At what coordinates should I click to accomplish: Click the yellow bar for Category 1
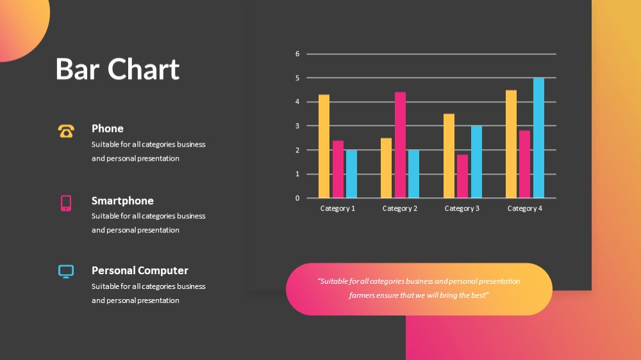click(324, 146)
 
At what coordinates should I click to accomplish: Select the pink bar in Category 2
click(400, 145)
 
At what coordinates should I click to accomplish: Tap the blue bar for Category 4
click(538, 138)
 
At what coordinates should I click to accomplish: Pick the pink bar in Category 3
click(462, 177)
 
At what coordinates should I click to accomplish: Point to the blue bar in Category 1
click(351, 174)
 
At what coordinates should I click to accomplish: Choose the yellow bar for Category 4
click(511, 144)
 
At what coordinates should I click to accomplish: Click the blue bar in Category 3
click(476, 162)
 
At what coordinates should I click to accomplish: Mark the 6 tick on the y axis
click(297, 54)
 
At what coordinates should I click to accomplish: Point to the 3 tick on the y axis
click(297, 126)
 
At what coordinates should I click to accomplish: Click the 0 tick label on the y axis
click(297, 198)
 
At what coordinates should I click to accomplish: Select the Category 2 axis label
click(400, 208)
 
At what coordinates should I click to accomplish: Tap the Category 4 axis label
click(525, 208)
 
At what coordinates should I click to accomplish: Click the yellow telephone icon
click(66, 131)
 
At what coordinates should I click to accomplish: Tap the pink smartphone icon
click(66, 203)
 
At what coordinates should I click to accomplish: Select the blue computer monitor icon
click(66, 272)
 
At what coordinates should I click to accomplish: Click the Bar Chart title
click(118, 69)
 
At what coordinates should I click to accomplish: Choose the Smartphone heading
click(122, 200)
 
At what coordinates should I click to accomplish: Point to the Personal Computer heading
click(140, 270)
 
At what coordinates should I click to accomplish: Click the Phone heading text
click(108, 129)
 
